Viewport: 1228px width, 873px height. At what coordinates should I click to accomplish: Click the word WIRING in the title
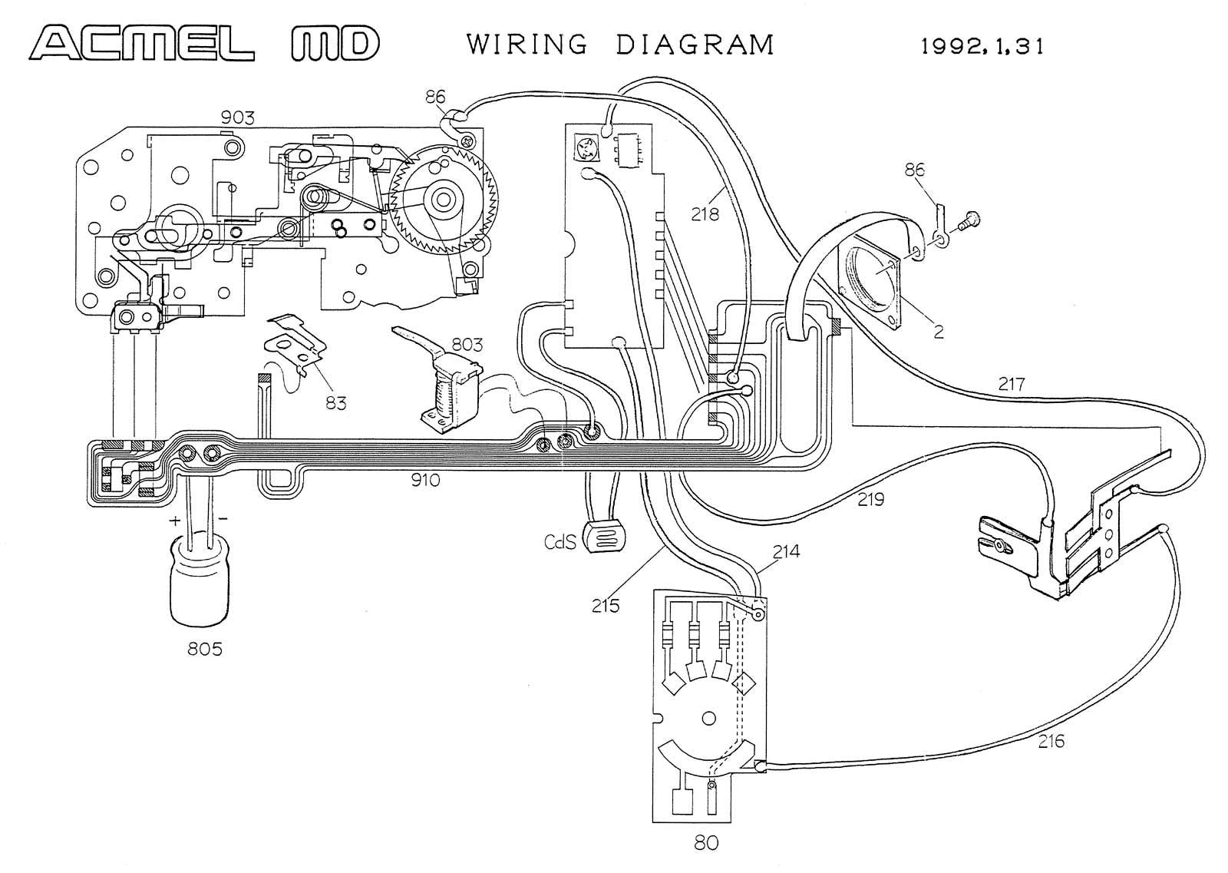[527, 45]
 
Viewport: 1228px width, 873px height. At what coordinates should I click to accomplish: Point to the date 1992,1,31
[982, 47]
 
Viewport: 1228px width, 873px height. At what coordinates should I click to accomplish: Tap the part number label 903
[237, 117]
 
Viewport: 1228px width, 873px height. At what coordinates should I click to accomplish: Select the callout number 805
[205, 650]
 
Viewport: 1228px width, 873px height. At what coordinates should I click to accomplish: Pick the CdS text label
[560, 542]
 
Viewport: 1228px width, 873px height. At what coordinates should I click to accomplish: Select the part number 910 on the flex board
[425, 481]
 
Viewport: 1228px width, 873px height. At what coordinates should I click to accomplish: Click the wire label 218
[705, 214]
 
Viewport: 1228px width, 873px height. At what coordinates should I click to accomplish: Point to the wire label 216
[1051, 742]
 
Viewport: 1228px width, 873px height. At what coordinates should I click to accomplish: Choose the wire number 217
[1012, 384]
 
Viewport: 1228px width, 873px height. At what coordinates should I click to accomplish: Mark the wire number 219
[871, 500]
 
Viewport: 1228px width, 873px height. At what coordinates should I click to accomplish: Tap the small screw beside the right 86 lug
[969, 221]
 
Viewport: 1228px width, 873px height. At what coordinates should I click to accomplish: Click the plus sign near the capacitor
[175, 521]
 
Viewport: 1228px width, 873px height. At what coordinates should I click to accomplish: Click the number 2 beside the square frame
[939, 332]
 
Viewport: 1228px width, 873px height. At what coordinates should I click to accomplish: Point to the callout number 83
[336, 404]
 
